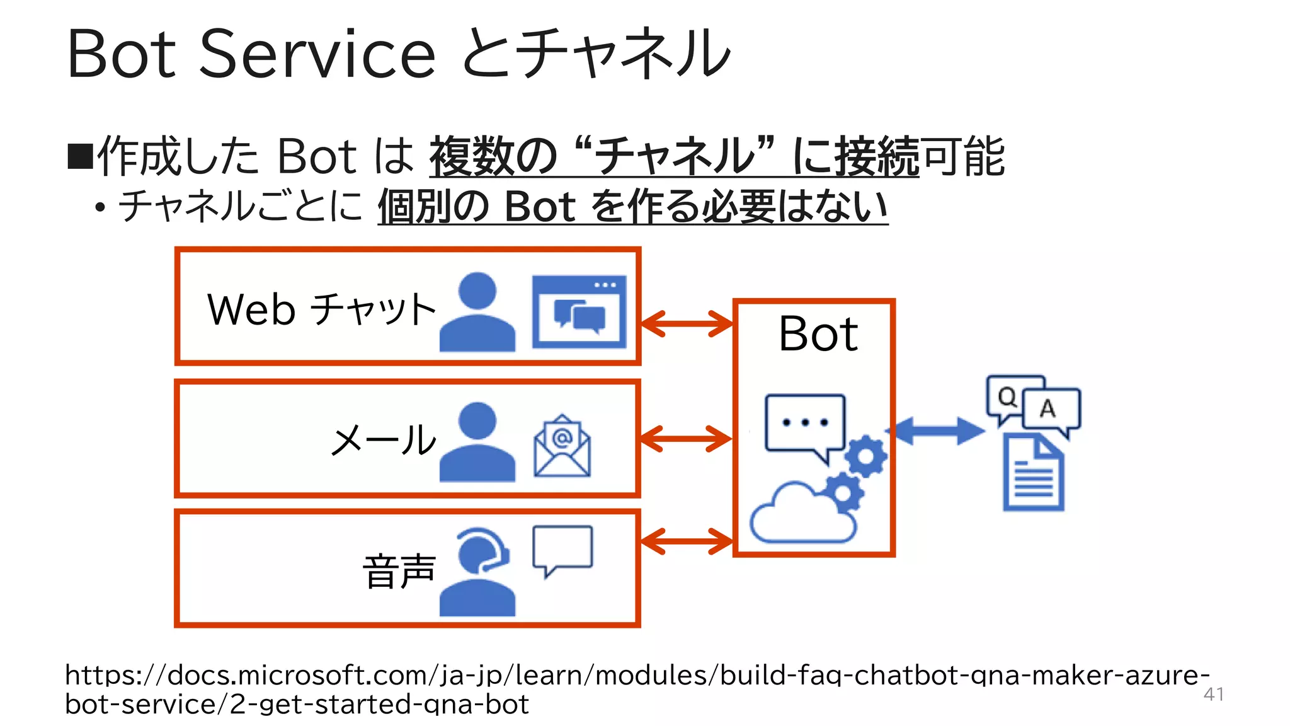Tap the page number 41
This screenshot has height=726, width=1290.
tap(1213, 694)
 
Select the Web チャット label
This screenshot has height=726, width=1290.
tap(321, 309)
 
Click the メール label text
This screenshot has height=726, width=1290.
tap(384, 439)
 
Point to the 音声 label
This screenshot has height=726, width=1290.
tap(399, 571)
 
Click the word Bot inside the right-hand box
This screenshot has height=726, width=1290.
tap(818, 333)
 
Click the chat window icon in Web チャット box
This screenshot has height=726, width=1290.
tap(579, 311)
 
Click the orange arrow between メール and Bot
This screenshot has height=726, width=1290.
tap(686, 439)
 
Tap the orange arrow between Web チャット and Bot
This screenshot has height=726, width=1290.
tap(686, 324)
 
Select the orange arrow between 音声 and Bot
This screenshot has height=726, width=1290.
tap(686, 541)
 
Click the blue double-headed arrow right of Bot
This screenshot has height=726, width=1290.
tap(939, 431)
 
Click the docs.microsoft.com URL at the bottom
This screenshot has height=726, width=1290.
tap(636, 689)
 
